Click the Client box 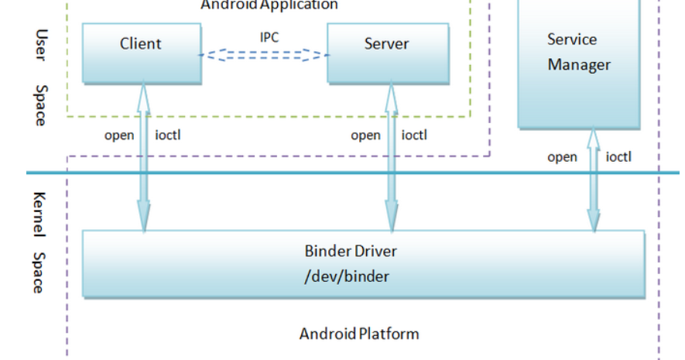coord(141,53)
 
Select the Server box coord(388,53)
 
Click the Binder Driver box coord(362,264)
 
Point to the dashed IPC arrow coord(263,55)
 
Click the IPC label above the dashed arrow coord(269,36)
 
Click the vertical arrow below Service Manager coord(593,182)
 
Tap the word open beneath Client coord(119,135)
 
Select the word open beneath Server coord(365,135)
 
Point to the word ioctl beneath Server coord(414,135)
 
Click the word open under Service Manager coord(563,157)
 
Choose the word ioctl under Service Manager coord(618,157)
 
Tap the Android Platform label coord(359,334)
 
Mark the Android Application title coord(269,5)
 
